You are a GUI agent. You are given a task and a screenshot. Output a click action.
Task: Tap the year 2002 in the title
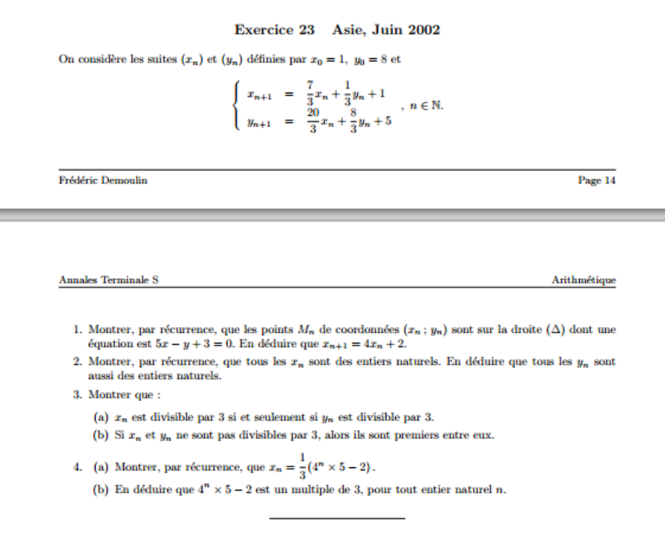click(424, 31)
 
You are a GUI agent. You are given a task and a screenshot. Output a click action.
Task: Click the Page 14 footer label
click(596, 181)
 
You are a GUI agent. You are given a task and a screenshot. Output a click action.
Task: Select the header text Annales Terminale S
click(108, 280)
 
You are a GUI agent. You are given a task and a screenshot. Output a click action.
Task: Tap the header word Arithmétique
click(584, 280)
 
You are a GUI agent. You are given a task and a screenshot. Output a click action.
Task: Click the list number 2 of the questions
click(77, 362)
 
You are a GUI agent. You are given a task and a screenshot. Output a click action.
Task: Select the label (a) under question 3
click(101, 416)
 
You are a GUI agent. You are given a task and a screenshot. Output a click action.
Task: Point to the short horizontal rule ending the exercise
click(336, 517)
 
